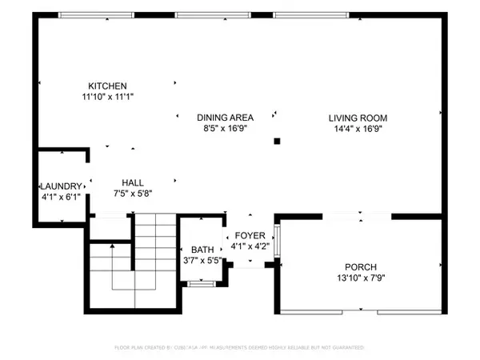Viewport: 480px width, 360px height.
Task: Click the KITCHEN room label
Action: click(x=108, y=86)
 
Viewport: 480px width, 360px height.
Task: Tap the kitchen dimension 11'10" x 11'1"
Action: click(x=108, y=96)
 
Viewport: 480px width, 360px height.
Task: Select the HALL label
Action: click(x=133, y=182)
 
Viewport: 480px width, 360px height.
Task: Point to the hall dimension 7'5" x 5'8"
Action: click(x=133, y=193)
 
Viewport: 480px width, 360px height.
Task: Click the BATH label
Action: click(x=202, y=249)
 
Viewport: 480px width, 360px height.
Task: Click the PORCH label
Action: click(x=360, y=266)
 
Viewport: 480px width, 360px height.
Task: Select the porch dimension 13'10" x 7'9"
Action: click(x=360, y=278)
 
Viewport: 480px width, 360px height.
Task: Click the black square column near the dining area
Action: click(x=277, y=141)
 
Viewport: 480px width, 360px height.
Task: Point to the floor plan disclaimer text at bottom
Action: click(x=240, y=348)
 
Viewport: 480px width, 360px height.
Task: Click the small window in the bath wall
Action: click(x=200, y=283)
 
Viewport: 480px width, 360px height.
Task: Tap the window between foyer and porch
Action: click(x=277, y=242)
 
